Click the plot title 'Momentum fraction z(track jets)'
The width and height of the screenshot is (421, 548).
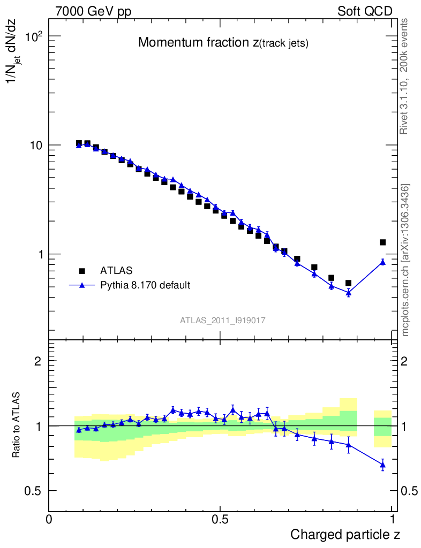click(x=223, y=43)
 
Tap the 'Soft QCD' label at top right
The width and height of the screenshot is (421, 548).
click(x=365, y=11)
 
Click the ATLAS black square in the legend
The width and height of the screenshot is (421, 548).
click(x=82, y=271)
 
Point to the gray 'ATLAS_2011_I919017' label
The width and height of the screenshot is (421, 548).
click(x=223, y=320)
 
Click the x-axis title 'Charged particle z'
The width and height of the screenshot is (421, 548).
click(x=345, y=534)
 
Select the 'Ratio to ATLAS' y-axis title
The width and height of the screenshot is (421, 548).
click(x=17, y=426)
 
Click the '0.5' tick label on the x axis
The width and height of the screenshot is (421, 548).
click(x=220, y=519)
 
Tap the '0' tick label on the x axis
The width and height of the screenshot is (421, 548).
click(x=49, y=519)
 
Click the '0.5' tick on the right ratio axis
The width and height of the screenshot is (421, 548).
click(x=409, y=491)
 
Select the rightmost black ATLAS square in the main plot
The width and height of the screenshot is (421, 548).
click(x=382, y=242)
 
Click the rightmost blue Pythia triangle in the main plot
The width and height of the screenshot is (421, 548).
click(x=382, y=262)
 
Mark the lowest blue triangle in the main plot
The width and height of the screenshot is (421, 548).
click(x=348, y=293)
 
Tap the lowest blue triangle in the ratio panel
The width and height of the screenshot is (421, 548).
click(x=382, y=465)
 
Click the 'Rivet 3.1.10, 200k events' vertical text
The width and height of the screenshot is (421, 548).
click(x=405, y=75)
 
